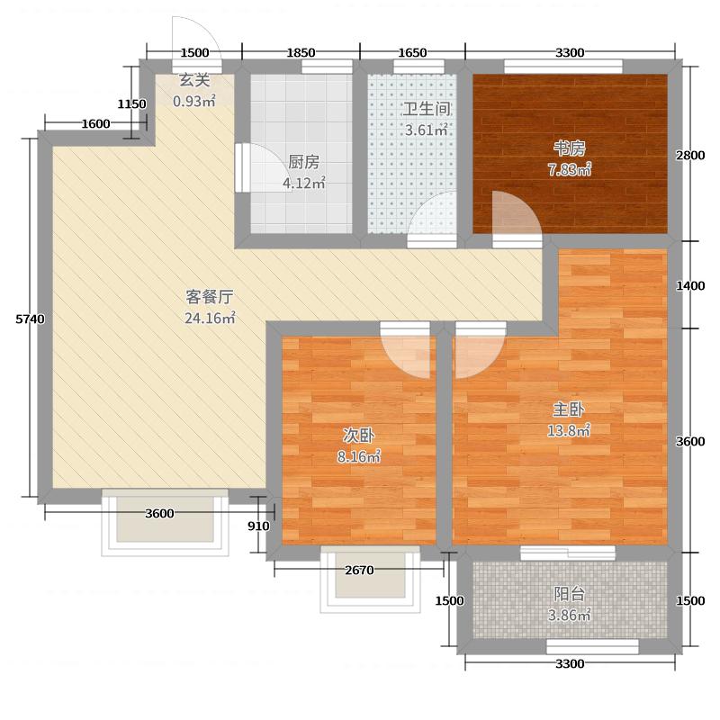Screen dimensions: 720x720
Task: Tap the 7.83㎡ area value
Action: [x=571, y=170]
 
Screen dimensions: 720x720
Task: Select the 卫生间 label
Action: [x=426, y=109]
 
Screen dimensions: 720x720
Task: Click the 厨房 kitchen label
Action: [x=303, y=163]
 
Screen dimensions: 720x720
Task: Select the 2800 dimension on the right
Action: [x=690, y=155]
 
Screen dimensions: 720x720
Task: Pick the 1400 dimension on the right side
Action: [x=690, y=285]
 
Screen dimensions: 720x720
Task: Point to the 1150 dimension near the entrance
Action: [x=132, y=104]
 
